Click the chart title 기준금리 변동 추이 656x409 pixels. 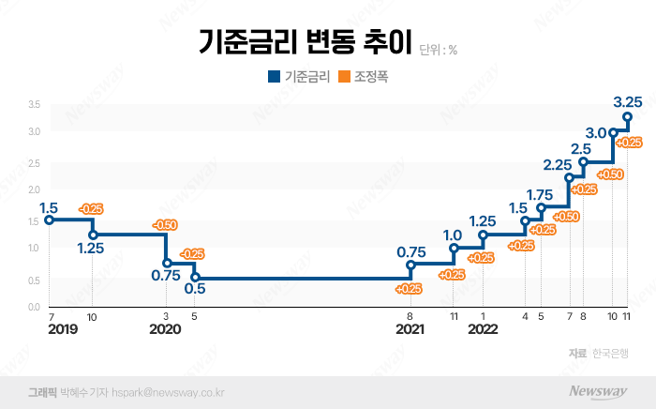point(305,42)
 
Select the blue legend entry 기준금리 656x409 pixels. point(298,78)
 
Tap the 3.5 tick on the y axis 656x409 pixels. point(33,103)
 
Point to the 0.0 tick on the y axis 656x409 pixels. point(33,307)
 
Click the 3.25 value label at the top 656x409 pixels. point(627,100)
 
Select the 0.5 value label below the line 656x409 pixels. point(195,290)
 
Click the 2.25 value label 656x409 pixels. point(558,165)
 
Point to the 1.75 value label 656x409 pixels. point(540,194)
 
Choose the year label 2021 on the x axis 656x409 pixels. point(410,329)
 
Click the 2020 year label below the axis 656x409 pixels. point(165,329)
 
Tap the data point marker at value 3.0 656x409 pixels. point(614,132)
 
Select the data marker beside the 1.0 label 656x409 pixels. point(454,249)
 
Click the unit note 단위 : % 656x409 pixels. point(439,49)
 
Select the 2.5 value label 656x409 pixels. point(580,148)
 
